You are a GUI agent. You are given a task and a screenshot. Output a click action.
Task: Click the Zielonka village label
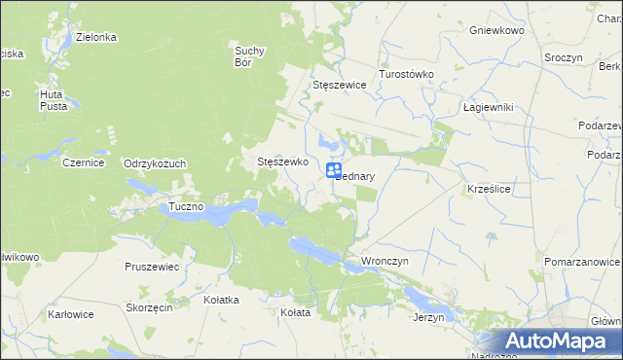point(97,37)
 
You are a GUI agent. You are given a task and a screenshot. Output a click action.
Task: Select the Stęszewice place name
point(339,85)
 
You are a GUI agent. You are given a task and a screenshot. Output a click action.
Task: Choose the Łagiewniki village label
point(488,107)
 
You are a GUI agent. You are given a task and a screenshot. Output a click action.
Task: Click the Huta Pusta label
point(53,100)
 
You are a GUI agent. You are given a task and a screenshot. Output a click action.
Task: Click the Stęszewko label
point(282,162)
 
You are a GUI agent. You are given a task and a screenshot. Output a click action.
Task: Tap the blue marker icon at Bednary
point(333,170)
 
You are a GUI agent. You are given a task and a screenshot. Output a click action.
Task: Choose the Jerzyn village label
point(428,317)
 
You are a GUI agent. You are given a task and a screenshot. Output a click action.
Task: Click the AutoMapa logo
point(560,341)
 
